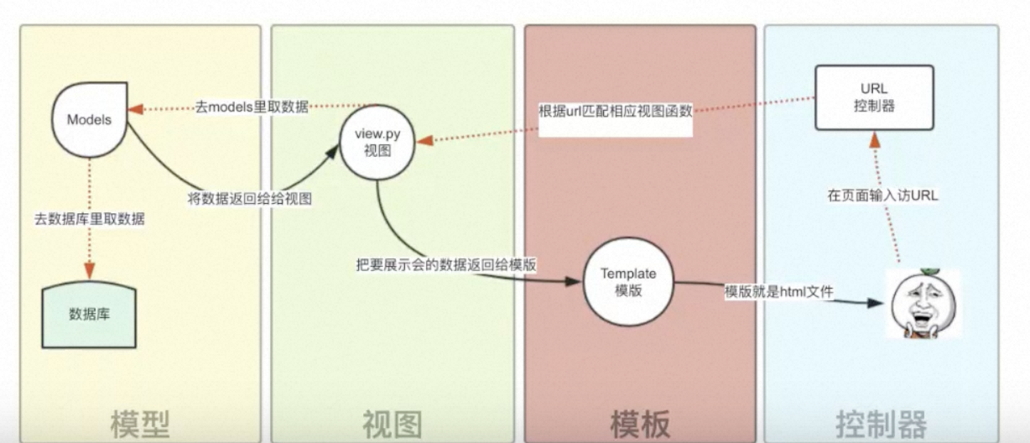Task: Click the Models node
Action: [x=89, y=118]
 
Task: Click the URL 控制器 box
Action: [x=873, y=97]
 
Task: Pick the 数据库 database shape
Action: [x=89, y=315]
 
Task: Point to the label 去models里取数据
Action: [x=252, y=107]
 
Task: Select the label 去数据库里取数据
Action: [x=90, y=220]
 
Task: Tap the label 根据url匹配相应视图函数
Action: [x=616, y=111]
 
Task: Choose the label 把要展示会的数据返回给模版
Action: [x=446, y=263]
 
